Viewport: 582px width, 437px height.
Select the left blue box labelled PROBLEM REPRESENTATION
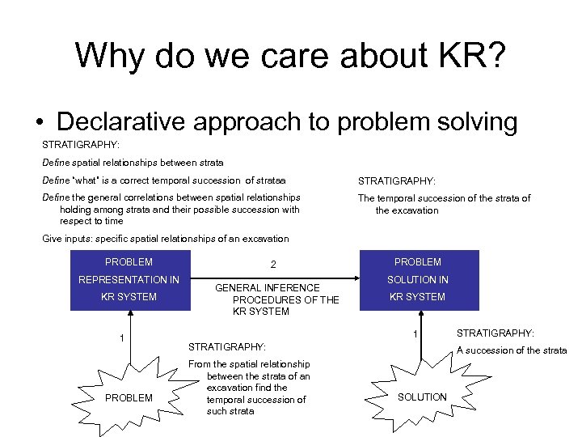(129, 280)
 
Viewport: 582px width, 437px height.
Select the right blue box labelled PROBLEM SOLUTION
(417, 280)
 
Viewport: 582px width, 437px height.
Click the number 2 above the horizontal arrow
(273, 265)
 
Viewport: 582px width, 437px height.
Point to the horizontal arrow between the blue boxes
(275, 279)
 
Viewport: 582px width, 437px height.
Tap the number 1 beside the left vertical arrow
(121, 337)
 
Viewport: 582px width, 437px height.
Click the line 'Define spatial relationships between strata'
(133, 163)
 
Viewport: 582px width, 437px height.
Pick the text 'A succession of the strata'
(512, 350)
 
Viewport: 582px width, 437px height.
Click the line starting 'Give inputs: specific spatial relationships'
(165, 239)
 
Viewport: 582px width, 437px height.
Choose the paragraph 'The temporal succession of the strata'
(444, 204)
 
